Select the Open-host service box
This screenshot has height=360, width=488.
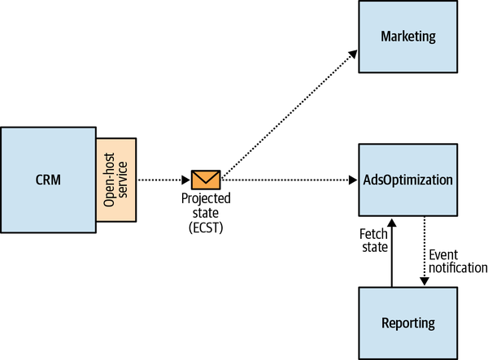pyautogui.click(x=117, y=180)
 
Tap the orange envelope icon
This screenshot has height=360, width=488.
pyautogui.click(x=206, y=179)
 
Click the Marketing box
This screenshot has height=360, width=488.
pyautogui.click(x=407, y=37)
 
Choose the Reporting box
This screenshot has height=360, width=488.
pyautogui.click(x=407, y=323)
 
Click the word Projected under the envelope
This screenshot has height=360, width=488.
pyautogui.click(x=206, y=199)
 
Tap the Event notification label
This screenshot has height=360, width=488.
pyautogui.click(x=457, y=261)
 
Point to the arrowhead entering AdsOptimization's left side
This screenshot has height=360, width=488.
pyautogui.click(x=354, y=179)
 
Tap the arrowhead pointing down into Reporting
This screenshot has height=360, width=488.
pyautogui.click(x=424, y=281)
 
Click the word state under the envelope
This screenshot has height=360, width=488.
pyautogui.click(x=206, y=212)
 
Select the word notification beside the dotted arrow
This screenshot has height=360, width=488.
pyautogui.click(x=457, y=267)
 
